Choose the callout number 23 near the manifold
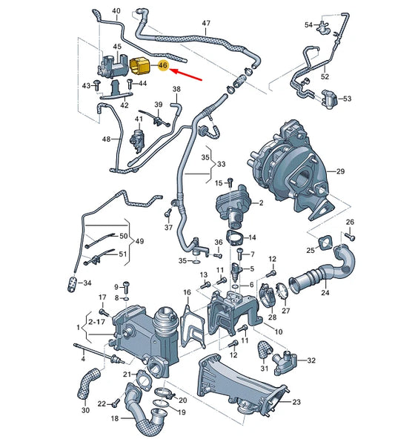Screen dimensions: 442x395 click(x=296, y=402)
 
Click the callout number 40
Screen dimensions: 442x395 click(x=115, y=11)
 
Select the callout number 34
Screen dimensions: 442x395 click(x=87, y=283)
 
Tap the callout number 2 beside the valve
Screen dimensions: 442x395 click(x=260, y=202)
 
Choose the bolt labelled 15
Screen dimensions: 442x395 click(x=231, y=183)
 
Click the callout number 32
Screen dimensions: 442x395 click(x=311, y=360)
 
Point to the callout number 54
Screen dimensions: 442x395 click(x=309, y=24)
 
